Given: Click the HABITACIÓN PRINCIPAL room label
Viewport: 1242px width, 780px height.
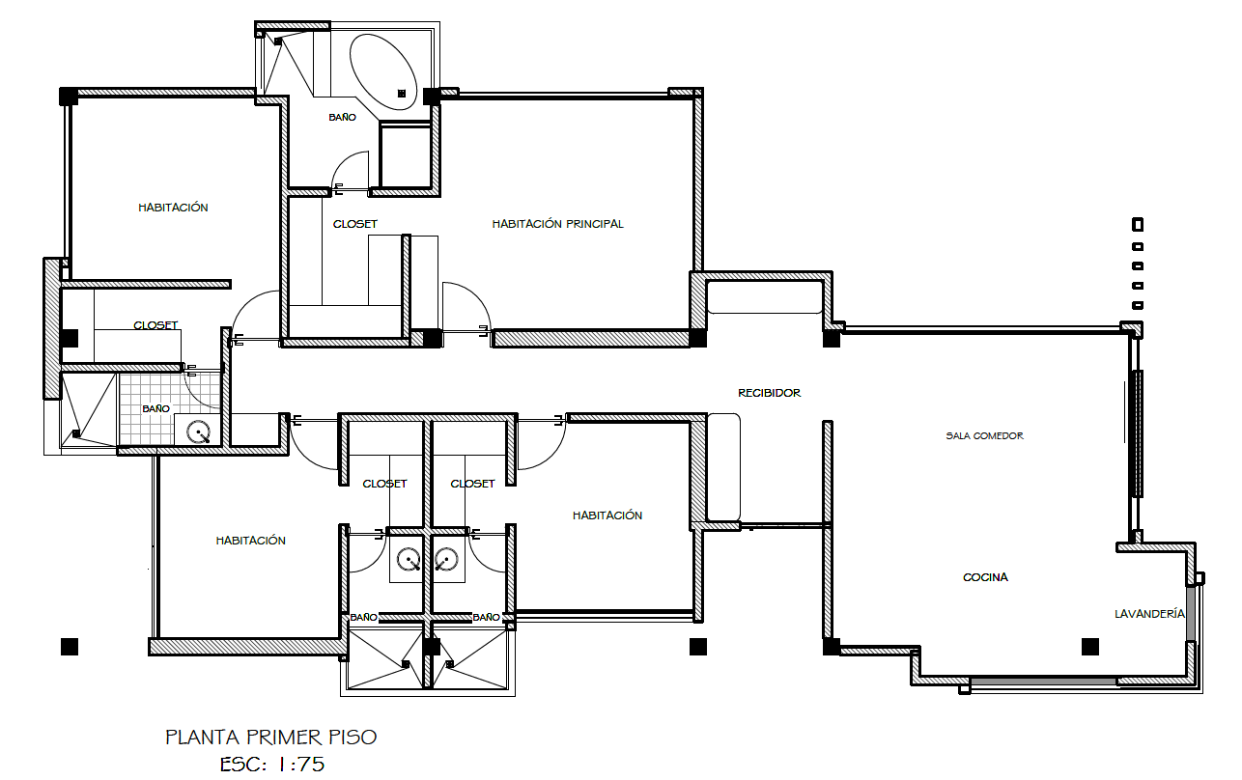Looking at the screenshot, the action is [557, 224].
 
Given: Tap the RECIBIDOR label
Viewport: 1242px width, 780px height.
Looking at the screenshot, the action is [769, 393].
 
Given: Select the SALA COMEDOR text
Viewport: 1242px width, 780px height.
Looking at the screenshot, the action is [984, 435].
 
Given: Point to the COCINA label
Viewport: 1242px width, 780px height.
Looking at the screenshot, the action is [985, 577].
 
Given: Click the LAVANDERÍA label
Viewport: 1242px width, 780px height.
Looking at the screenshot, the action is [1149, 614].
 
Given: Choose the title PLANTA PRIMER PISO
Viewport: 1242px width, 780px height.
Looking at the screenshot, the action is [271, 738].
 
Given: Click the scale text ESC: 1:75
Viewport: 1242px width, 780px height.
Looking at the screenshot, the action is [271, 765].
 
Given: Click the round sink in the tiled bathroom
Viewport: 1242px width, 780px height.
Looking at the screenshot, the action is [198, 432].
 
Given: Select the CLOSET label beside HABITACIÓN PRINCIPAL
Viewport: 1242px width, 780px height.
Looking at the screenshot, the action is [354, 224].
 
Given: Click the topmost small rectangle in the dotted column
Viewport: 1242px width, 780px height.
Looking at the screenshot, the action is [1137, 225].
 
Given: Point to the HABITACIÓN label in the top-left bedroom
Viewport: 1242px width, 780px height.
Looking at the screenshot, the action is [173, 208].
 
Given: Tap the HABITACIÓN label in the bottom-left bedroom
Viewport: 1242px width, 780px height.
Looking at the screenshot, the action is [250, 541].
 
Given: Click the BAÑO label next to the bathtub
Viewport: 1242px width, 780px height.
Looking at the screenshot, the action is [342, 117].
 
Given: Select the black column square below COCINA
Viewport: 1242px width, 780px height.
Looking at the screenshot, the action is [1090, 647].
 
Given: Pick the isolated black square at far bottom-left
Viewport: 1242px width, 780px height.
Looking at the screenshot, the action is [70, 647].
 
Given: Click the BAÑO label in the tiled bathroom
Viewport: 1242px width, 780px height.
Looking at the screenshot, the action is [155, 408].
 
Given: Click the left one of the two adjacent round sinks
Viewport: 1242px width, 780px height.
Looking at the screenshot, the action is [409, 559].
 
